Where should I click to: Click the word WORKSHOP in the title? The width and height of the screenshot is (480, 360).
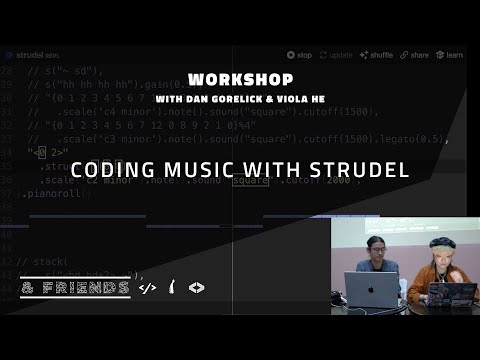[239, 78]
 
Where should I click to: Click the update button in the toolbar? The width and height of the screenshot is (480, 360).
[340, 56]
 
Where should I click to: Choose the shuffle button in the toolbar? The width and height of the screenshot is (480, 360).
[379, 56]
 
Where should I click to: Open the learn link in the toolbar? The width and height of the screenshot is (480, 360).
[452, 56]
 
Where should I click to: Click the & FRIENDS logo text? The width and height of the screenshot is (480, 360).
[75, 288]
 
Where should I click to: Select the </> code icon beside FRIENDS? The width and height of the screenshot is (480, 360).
[148, 288]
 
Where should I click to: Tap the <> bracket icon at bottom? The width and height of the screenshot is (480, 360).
[197, 288]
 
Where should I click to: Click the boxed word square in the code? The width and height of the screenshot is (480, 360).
[247, 180]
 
